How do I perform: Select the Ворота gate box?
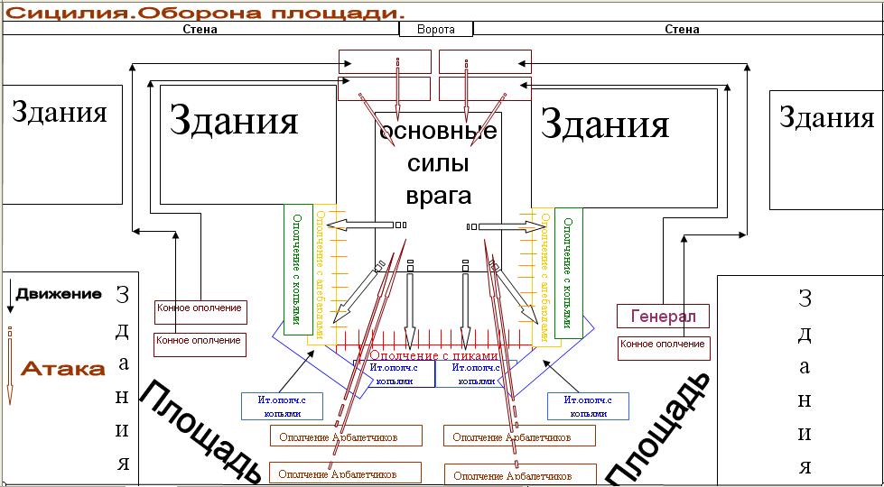coord(436,29)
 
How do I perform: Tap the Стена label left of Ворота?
coord(200,29)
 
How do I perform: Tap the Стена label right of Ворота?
coord(682,29)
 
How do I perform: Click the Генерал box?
coord(663,317)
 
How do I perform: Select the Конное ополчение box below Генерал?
coord(664,347)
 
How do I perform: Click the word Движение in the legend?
coord(59,294)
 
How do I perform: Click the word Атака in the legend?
coord(63,369)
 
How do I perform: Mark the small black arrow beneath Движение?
coord(10,299)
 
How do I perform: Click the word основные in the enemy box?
coord(439,133)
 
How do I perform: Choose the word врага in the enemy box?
coord(439,195)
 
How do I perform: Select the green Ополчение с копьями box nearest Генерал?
coord(568,272)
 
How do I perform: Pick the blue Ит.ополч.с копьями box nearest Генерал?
coord(588,406)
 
